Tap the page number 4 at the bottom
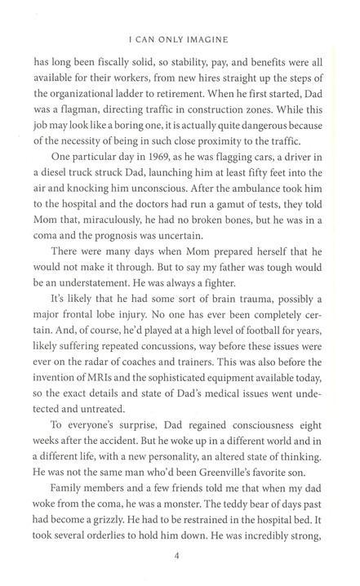177,557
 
